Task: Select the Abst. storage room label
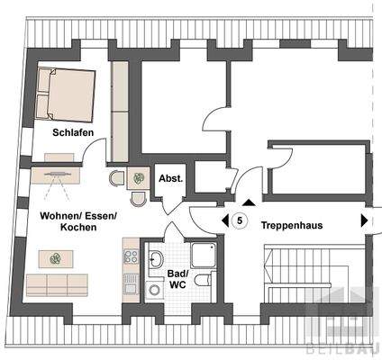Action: (x=170, y=178)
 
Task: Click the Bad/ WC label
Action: (x=177, y=278)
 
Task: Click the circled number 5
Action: (x=240, y=220)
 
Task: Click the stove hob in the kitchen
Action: (x=131, y=256)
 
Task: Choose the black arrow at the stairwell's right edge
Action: (x=364, y=220)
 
